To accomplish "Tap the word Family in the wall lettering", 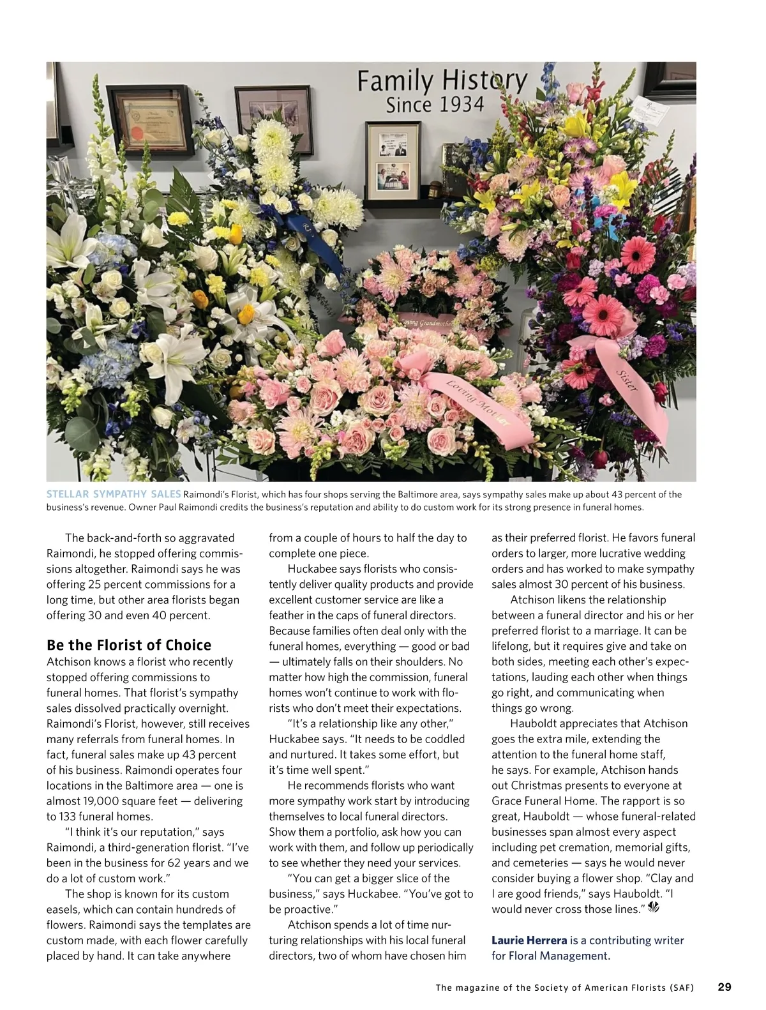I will coord(395,81).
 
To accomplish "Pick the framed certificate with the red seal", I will coord(149,119).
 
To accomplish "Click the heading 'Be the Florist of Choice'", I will coord(129,645).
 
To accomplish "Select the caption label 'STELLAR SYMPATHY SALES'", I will coord(114,494).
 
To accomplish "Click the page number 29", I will coord(725,987).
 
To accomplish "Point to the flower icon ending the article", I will coord(654,908).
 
